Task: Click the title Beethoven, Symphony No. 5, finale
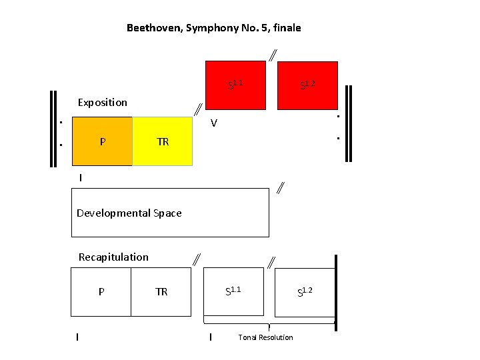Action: click(x=213, y=28)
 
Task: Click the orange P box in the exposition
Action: click(x=102, y=141)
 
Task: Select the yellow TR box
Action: click(x=163, y=141)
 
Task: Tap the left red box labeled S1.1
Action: click(x=235, y=84)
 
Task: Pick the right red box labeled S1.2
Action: click(x=307, y=84)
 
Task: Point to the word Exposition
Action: click(x=102, y=102)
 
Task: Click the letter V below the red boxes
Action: click(x=213, y=123)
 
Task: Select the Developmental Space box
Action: click(x=170, y=213)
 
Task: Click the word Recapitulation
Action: click(x=113, y=257)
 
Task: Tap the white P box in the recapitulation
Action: click(x=101, y=291)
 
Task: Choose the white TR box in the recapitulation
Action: click(x=161, y=291)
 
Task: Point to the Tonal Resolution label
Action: click(x=265, y=337)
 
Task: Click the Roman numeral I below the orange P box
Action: click(x=81, y=178)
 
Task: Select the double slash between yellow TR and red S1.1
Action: click(x=198, y=109)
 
